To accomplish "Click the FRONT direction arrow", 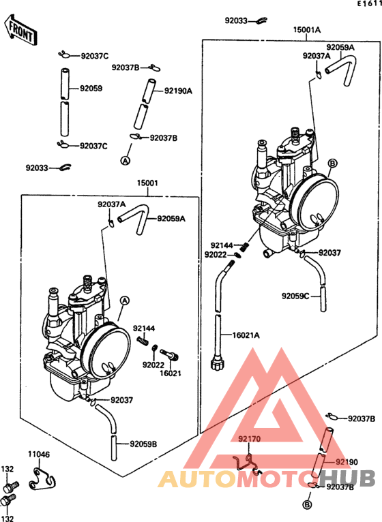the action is pos(20,29).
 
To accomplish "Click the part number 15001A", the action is pos(307,30).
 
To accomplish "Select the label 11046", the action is pos(39,454).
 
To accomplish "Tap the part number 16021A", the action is pos(246,335).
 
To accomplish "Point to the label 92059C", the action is pos(295,296).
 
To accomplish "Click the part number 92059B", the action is pos(143,444).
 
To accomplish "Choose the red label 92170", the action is pos(250,439).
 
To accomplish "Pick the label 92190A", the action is pos(178,91).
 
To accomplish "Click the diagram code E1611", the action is pos(370,3).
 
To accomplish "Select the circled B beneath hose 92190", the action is pos(308,505).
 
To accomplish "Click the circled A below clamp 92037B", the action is pos(125,161).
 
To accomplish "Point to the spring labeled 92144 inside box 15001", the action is pos(142,341).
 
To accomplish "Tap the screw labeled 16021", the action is pos(170,355).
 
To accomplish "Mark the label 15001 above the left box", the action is pos(147,183).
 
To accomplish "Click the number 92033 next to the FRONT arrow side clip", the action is pos(37,168).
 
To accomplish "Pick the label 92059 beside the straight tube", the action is pos(91,89).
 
